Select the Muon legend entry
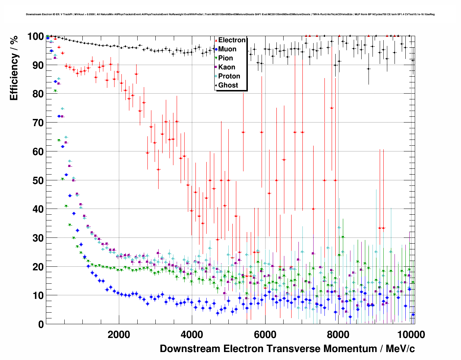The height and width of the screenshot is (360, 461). pos(227,49)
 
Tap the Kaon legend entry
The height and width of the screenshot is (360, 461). pos(227,67)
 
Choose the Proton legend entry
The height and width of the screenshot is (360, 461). pos(229,76)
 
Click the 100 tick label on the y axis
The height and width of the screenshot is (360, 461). pos(35,37)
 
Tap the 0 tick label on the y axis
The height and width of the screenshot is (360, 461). pos(41,324)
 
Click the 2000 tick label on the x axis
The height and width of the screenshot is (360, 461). pos(119,334)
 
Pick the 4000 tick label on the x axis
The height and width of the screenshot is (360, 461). pos(192,334)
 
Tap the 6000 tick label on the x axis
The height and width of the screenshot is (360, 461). pos(265,334)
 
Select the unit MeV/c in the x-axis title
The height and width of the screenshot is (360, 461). pos(400,349)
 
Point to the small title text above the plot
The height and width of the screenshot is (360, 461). pos(230,14)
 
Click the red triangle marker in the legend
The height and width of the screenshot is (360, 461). pos(216,40)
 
